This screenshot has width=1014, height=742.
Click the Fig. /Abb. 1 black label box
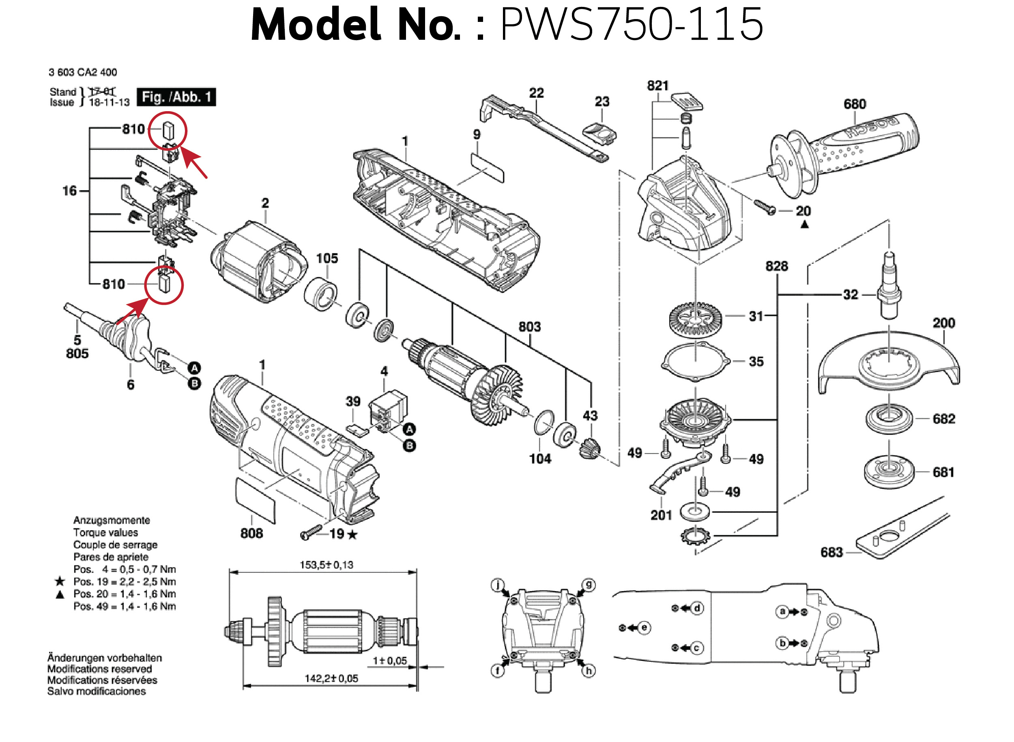point(176,97)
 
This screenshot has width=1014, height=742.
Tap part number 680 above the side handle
point(854,104)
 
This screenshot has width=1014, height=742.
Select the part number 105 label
point(327,258)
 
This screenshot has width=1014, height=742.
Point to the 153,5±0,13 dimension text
point(327,565)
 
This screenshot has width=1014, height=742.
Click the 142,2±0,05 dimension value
point(331,678)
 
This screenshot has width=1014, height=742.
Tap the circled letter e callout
point(644,628)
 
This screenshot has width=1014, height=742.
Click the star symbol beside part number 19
point(352,535)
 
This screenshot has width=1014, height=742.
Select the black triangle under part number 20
point(804,224)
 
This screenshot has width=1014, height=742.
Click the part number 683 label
point(831,552)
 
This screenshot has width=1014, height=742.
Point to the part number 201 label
point(661,515)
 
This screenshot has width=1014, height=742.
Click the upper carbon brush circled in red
point(168,130)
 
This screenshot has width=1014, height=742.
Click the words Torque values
point(105,533)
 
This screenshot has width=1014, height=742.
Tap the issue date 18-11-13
point(109,102)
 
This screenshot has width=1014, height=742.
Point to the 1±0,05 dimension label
point(389,661)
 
